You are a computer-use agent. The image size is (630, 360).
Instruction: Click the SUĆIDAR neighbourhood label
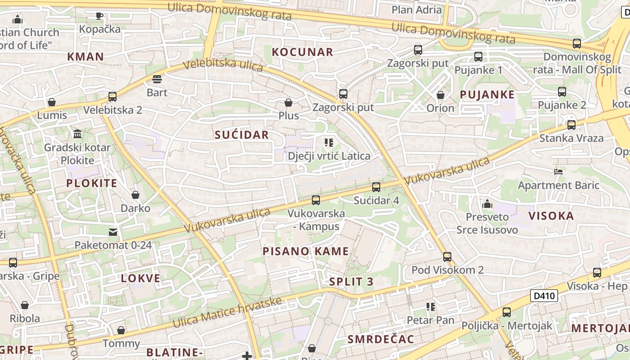click(242, 135)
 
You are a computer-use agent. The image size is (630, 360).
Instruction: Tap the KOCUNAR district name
click(302, 52)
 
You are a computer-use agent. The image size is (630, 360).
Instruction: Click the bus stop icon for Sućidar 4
click(376, 187)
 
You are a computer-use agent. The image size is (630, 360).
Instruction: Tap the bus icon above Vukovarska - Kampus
click(316, 200)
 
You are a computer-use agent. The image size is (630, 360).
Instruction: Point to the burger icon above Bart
click(157, 80)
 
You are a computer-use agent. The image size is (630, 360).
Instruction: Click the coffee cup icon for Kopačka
click(99, 16)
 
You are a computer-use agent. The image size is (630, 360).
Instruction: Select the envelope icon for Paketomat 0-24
click(112, 232)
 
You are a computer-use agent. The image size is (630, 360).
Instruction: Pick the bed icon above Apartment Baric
click(558, 172)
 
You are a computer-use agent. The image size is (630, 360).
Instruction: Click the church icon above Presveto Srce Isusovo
click(487, 204)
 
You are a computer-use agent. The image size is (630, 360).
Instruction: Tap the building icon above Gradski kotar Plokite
click(77, 134)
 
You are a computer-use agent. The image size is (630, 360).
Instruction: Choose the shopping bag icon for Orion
click(441, 95)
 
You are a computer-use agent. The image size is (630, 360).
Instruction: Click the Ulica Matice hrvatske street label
click(227, 313)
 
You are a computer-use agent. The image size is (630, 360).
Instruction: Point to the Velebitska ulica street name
click(223, 65)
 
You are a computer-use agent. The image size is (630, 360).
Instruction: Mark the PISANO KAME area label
click(306, 251)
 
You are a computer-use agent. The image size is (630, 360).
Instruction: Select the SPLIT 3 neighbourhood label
click(351, 282)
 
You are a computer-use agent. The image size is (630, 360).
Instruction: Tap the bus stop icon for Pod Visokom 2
click(447, 257)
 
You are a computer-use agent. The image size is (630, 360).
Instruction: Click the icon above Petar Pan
click(430, 307)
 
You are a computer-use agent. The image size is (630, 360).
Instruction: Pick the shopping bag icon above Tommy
click(121, 331)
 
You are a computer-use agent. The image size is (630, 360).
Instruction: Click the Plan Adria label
click(416, 9)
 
